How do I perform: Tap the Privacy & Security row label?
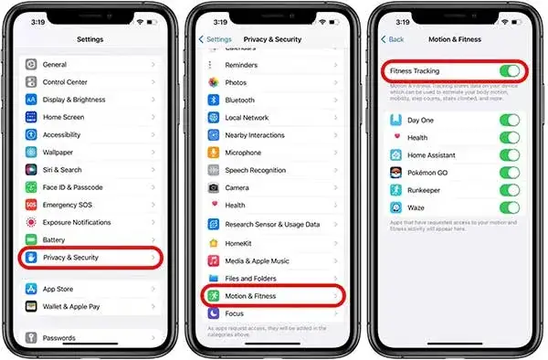(70, 258)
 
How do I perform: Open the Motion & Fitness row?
(250, 296)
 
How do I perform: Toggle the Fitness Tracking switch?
(509, 70)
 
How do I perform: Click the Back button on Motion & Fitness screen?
(394, 39)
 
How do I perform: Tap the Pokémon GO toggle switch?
(509, 173)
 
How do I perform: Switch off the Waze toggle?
(509, 207)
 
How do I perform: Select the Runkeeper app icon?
(395, 190)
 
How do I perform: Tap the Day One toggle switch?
(509, 121)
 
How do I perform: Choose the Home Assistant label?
(435, 155)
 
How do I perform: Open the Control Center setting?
(65, 82)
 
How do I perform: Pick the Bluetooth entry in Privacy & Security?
(239, 100)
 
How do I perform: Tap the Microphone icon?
(213, 153)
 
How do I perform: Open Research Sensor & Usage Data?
(272, 224)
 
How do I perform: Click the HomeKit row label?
(240, 242)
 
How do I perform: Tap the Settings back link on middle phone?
(216, 39)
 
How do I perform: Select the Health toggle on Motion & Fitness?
(509, 138)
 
